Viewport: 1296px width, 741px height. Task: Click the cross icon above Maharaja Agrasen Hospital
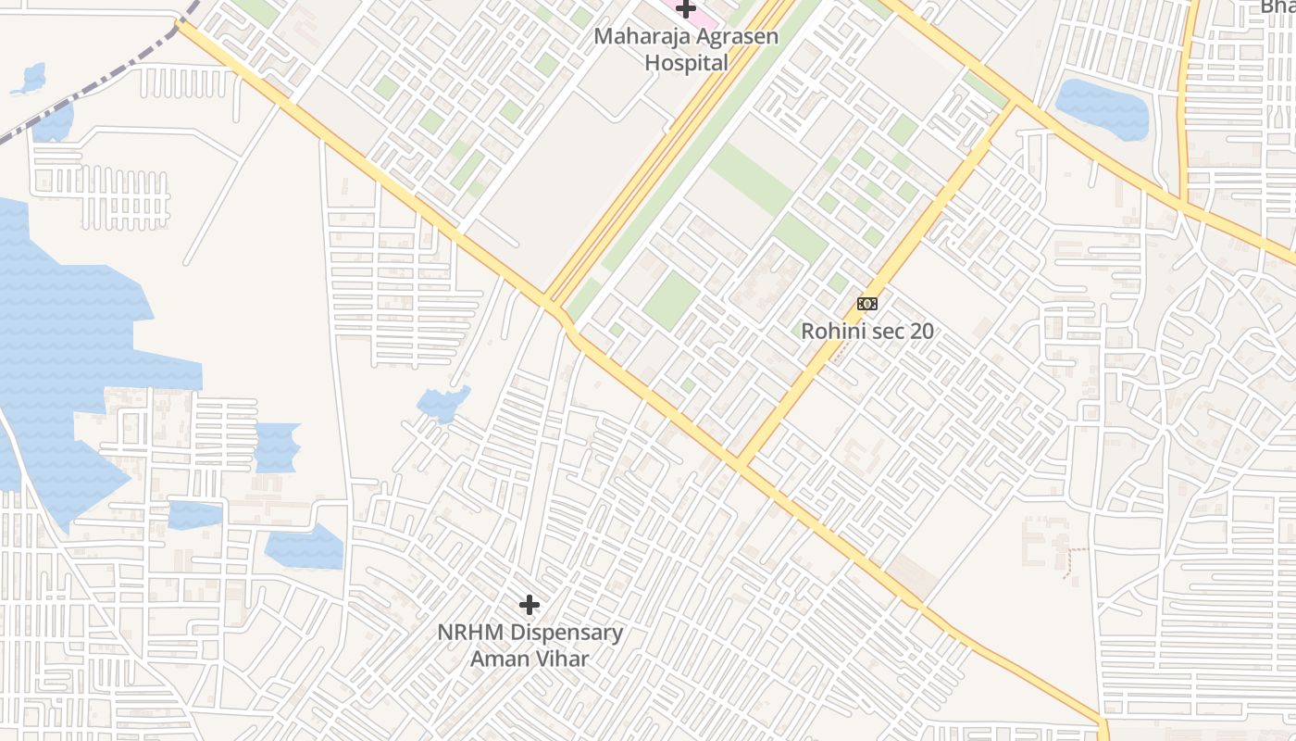click(x=685, y=9)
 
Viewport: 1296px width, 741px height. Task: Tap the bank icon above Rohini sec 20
click(x=867, y=304)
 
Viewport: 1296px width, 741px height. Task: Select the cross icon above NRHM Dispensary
click(x=530, y=605)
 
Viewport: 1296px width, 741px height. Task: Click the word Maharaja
click(x=636, y=38)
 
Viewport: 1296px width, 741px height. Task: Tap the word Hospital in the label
click(x=686, y=63)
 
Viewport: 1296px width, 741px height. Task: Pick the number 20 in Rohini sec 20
click(x=921, y=331)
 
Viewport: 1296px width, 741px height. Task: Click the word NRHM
click(x=471, y=634)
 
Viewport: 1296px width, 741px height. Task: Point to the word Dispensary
click(x=567, y=634)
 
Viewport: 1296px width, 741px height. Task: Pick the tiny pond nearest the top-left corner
click(x=31, y=80)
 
